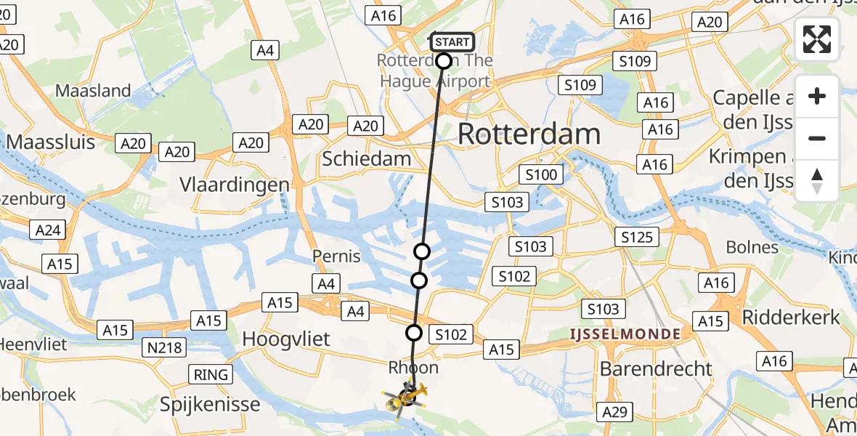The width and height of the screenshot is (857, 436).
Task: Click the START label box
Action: click(452, 41)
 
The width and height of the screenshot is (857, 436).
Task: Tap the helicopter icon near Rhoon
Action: click(407, 397)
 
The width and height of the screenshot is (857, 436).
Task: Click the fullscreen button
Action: click(817, 39)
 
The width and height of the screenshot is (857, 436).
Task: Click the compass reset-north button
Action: click(817, 181)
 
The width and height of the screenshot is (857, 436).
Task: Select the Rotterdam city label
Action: click(529, 134)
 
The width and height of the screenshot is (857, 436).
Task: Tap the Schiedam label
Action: click(366, 158)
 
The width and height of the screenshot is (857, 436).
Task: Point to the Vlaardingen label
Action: click(235, 185)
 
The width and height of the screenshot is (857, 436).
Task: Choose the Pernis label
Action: click(336, 256)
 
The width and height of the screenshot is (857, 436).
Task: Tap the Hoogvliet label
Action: click(286, 339)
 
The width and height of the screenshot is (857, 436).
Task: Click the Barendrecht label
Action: click(656, 368)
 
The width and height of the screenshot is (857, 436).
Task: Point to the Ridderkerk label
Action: click(791, 317)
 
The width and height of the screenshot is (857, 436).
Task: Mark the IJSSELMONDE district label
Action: click(625, 334)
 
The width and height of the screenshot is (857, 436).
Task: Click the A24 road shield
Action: click(48, 231)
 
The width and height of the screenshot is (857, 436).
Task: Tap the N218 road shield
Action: click(164, 348)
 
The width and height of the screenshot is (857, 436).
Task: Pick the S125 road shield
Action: click(636, 237)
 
